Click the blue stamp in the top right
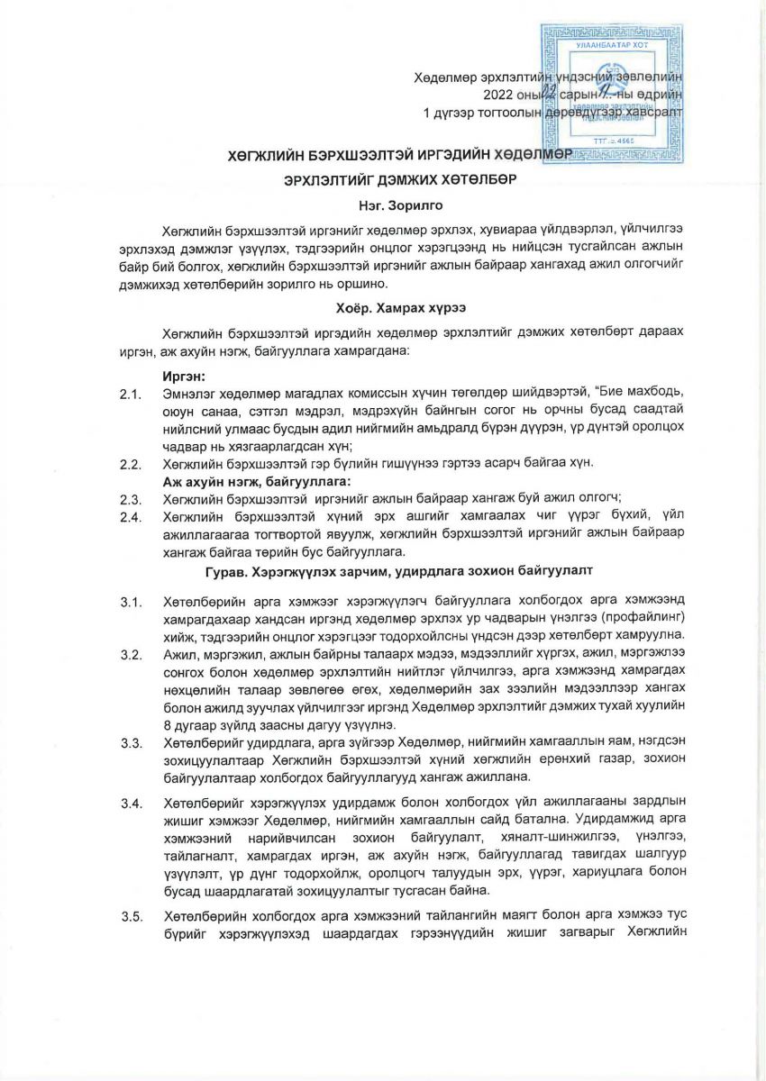[x=613, y=95]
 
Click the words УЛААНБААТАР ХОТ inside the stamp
[x=613, y=42]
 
